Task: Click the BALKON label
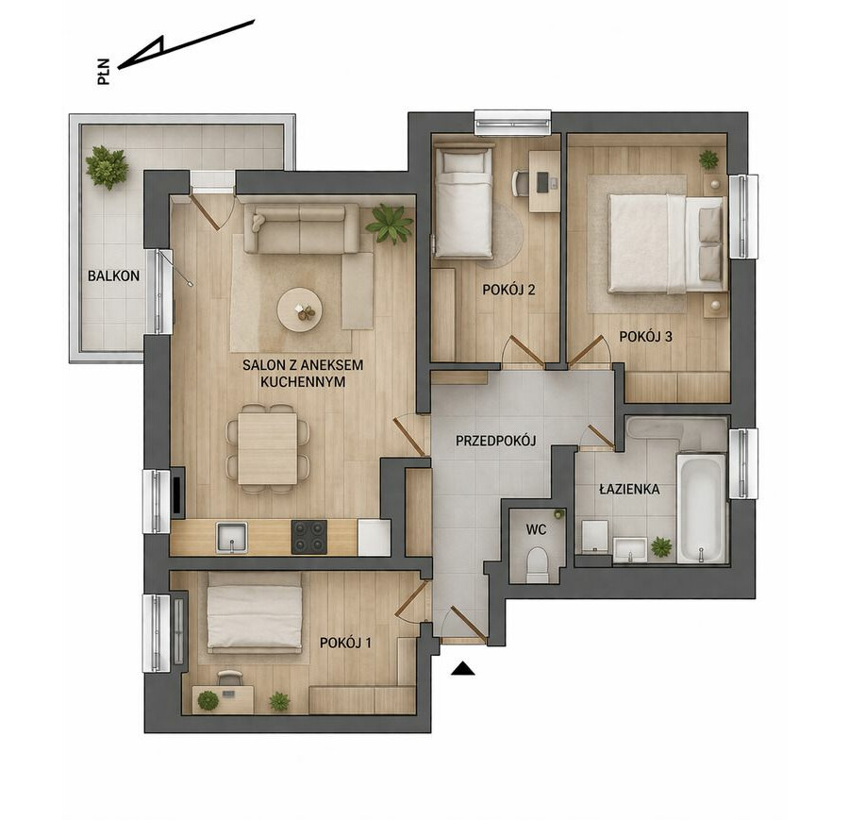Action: tap(114, 276)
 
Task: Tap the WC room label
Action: tap(536, 529)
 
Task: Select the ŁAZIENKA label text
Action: tap(629, 489)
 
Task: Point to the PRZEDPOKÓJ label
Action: tap(495, 441)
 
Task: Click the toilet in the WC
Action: tap(537, 564)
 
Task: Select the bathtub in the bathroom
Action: tap(701, 509)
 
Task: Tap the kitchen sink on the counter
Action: tap(232, 537)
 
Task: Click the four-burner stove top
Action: tap(309, 537)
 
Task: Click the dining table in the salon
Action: tap(268, 448)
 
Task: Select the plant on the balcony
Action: tap(107, 166)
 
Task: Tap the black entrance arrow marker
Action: tap(462, 669)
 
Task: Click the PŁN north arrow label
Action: tap(104, 72)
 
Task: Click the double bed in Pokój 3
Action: tap(665, 243)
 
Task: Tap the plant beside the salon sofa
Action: tap(390, 223)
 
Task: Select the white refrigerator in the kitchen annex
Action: tap(375, 537)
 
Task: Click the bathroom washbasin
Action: tap(630, 548)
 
